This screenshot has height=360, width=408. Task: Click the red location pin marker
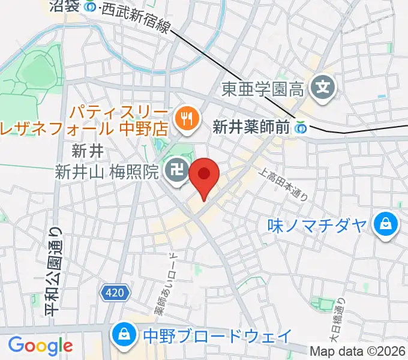204,175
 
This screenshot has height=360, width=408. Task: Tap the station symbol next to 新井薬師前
299,127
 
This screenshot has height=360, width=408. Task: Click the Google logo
40,346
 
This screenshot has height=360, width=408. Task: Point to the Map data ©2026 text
358,351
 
